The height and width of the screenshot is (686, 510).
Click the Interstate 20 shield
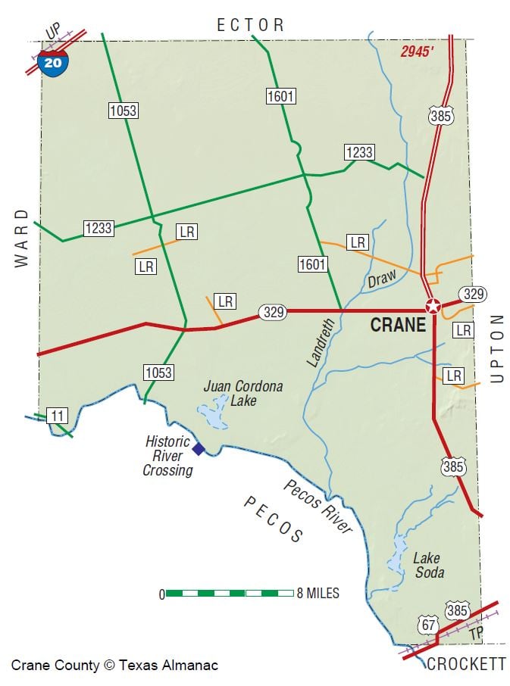point(53,63)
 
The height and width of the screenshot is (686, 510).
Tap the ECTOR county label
point(251,25)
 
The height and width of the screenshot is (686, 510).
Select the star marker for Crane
point(433,307)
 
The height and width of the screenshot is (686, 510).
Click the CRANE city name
point(398,326)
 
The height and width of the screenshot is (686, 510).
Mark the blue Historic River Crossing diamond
point(199,449)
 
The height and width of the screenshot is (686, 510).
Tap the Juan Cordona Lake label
point(233,393)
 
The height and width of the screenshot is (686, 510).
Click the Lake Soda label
point(428,566)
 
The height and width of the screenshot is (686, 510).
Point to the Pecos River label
point(318,507)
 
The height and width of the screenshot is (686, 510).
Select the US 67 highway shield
point(427,625)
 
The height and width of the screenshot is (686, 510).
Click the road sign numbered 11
point(57,415)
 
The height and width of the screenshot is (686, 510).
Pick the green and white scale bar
point(230,593)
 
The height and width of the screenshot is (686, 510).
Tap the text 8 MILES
point(318,593)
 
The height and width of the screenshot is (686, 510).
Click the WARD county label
point(21,238)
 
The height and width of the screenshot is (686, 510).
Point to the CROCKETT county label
point(466,664)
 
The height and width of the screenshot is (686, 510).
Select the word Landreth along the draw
point(321,343)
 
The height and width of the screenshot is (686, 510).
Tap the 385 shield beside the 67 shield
point(458,611)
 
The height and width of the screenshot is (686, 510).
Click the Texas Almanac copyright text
point(114,666)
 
